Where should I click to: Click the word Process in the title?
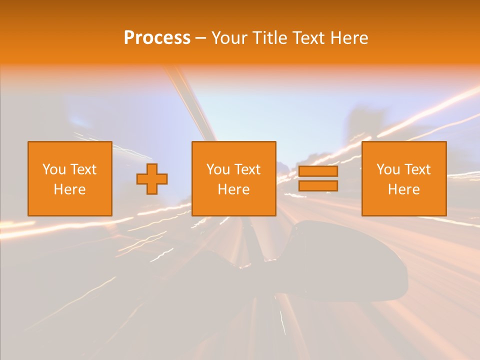click(157, 38)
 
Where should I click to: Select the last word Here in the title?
click(349, 38)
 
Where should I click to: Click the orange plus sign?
click(152, 178)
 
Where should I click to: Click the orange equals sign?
click(318, 178)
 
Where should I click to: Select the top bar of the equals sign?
click(318, 171)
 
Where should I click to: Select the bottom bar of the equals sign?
click(318, 185)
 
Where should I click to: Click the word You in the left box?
click(53, 169)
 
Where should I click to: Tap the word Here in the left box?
click(69, 189)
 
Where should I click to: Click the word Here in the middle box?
click(233, 189)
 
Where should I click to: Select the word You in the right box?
click(387, 169)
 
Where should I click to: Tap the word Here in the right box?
click(403, 189)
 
